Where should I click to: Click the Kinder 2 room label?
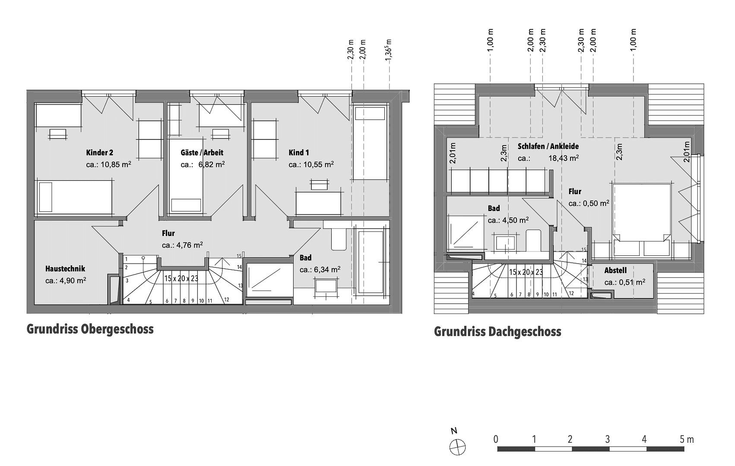pos(99,153)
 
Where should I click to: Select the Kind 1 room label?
pos(299,153)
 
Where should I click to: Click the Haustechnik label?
pos(65,269)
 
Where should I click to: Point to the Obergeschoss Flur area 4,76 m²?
pos(190,245)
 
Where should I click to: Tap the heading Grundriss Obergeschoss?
pos(90,329)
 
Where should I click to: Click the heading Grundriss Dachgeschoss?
pos(497,332)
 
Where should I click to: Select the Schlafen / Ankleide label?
pos(548,147)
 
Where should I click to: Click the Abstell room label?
pos(615,271)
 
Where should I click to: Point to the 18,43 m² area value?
pos(564,158)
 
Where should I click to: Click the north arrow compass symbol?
pos(457,447)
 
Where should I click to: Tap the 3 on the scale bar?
pos(607,439)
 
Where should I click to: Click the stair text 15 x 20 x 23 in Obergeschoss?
pos(181,278)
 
